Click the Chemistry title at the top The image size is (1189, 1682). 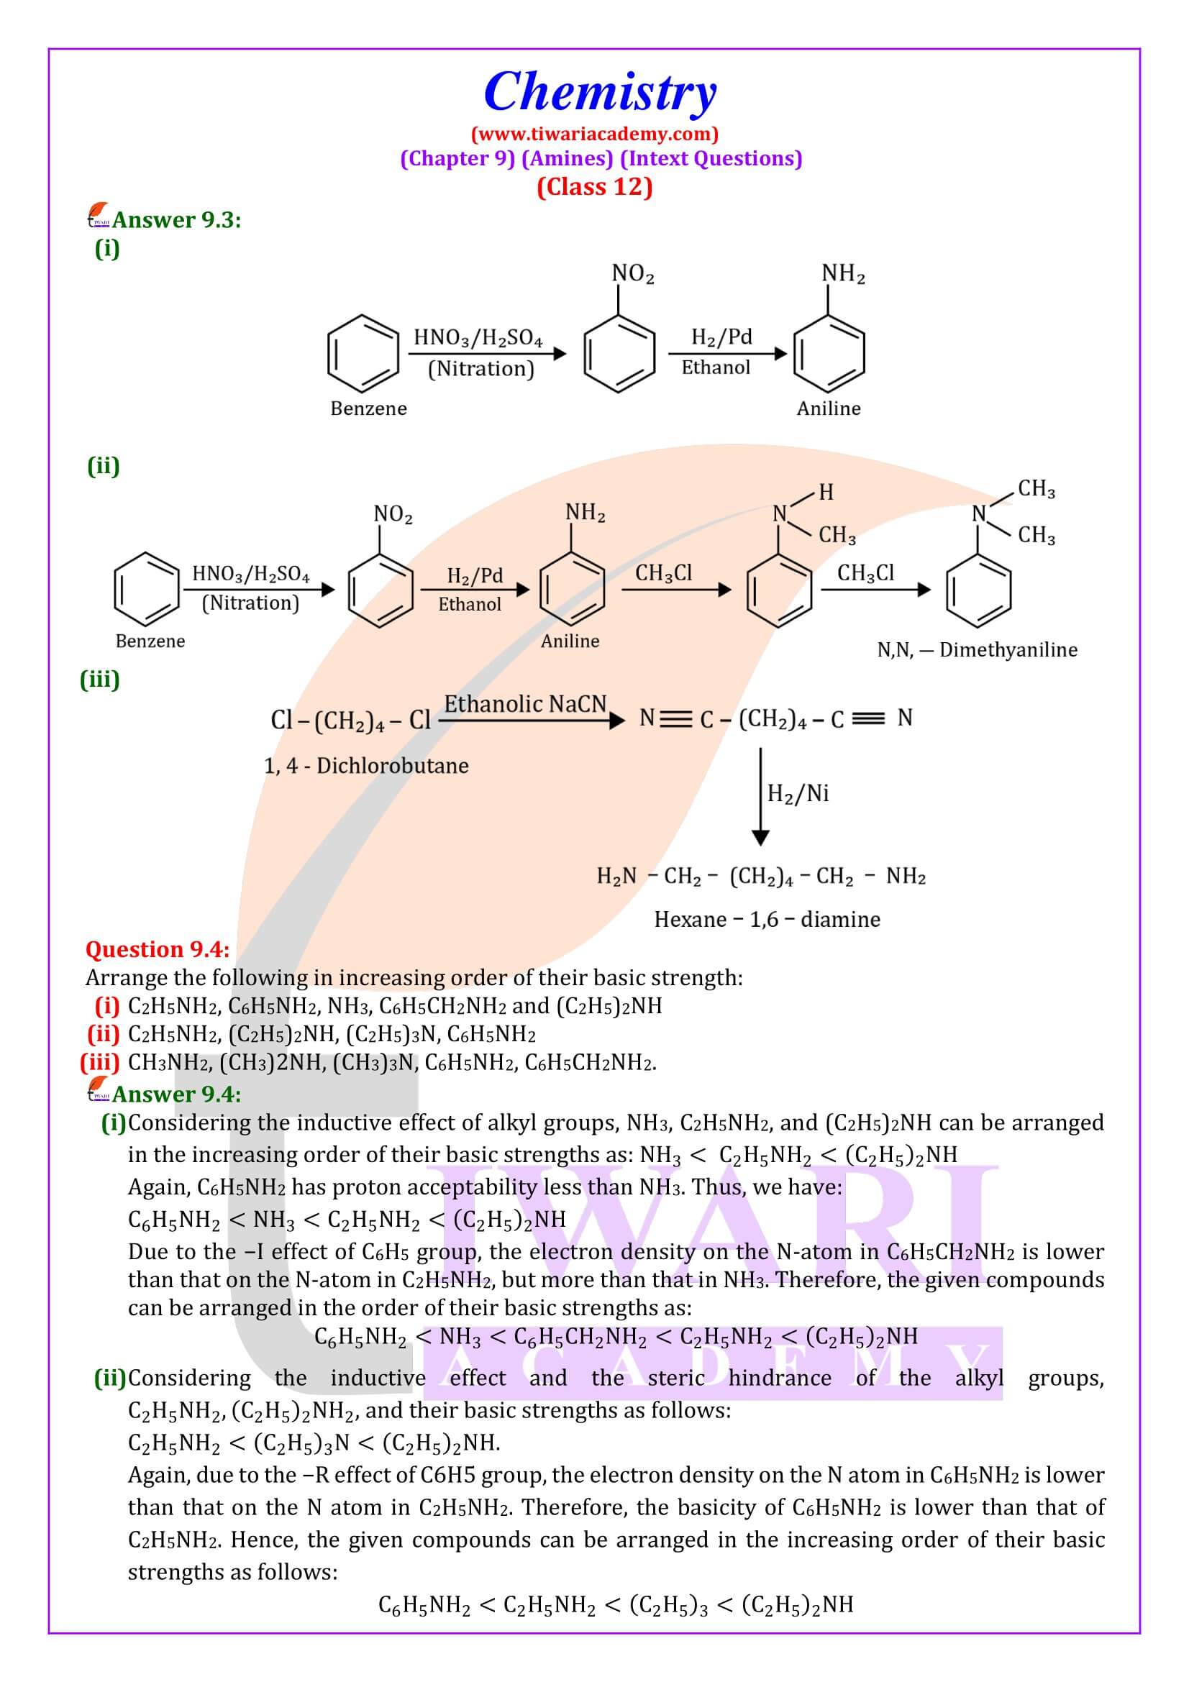click(x=599, y=92)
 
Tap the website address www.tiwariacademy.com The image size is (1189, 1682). click(x=594, y=134)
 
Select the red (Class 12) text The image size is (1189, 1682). click(x=594, y=187)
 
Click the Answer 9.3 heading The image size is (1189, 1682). click(x=176, y=220)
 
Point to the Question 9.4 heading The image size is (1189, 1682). click(x=158, y=949)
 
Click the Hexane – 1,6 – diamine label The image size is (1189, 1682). click(x=766, y=920)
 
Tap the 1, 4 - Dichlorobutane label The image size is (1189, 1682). click(x=366, y=767)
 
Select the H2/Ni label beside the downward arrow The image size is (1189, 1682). click(x=798, y=793)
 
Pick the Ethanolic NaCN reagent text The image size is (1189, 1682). click(x=525, y=704)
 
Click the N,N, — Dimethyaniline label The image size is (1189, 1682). click(x=977, y=650)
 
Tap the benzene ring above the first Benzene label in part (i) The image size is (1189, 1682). click(x=363, y=355)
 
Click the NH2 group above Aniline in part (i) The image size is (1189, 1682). click(x=843, y=274)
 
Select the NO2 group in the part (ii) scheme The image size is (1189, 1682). click(x=393, y=515)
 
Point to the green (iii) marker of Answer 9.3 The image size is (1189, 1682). click(x=100, y=680)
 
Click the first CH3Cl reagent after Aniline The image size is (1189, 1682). click(x=663, y=573)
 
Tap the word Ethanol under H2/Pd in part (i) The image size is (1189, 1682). click(x=716, y=367)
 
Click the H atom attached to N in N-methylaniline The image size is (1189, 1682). click(x=826, y=493)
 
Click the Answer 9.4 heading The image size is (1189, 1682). click(x=176, y=1094)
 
